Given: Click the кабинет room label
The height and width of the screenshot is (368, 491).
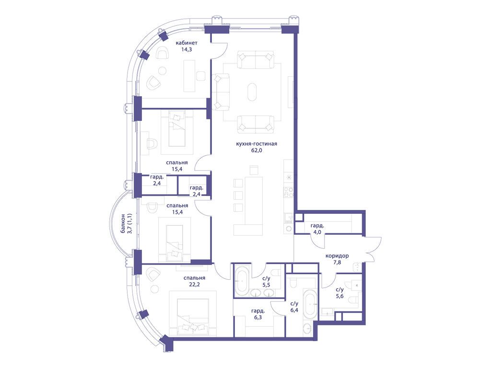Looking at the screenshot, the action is [187, 43].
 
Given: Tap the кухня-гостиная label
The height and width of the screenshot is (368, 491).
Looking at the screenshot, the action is [257, 144].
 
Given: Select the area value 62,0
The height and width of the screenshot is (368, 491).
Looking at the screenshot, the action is [257, 150].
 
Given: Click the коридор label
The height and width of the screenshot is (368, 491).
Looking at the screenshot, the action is [337, 256].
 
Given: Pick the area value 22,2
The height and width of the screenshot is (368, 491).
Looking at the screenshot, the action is [194, 285].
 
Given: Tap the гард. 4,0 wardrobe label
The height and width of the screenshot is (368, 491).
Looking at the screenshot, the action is [317, 229].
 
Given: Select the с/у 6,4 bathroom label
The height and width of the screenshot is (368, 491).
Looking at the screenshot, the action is [294, 307].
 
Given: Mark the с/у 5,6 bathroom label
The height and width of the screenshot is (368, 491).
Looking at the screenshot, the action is [339, 293].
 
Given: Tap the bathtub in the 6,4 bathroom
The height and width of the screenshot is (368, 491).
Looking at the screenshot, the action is [310, 304].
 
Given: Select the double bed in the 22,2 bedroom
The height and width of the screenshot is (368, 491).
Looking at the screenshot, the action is [193, 313].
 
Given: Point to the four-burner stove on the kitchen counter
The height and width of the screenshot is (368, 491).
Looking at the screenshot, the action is [288, 192].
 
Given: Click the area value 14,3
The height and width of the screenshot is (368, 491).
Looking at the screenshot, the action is [187, 49].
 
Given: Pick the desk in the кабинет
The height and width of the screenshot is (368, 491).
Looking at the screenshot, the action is [189, 75].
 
